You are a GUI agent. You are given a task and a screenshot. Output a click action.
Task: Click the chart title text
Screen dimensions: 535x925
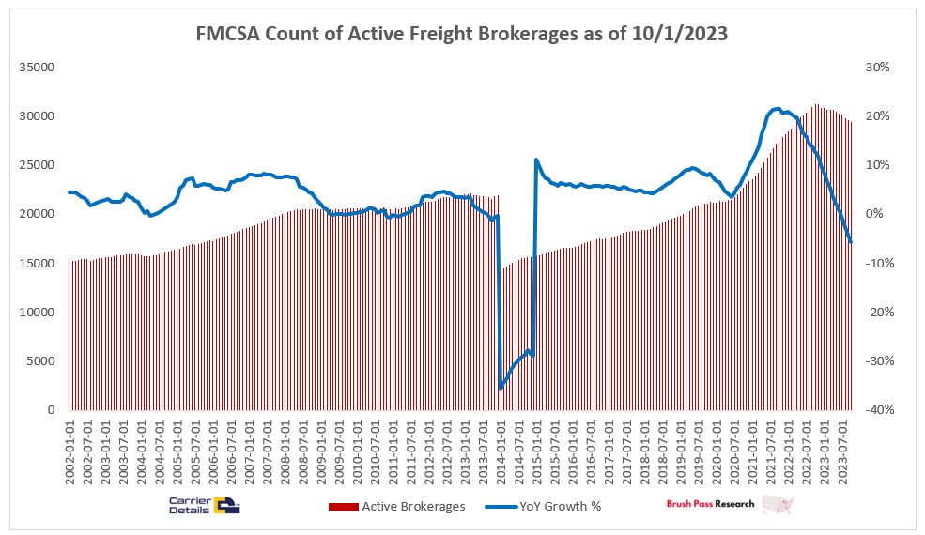462,33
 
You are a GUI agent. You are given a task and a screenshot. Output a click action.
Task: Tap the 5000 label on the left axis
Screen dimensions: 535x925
48,361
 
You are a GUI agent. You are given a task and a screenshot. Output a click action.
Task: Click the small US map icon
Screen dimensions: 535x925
779,505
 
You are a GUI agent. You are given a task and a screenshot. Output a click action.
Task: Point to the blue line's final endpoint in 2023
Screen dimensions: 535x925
851,242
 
